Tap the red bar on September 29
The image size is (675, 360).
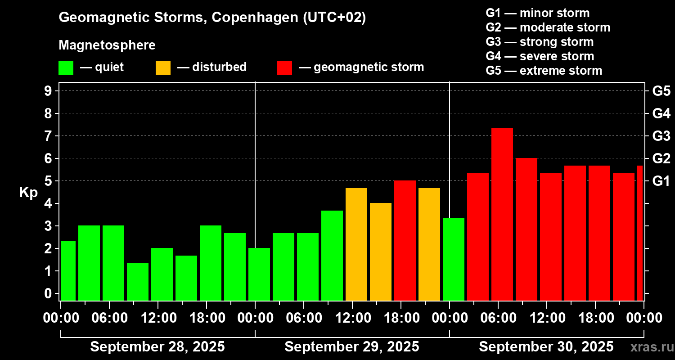click(x=405, y=240)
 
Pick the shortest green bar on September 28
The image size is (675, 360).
click(x=138, y=282)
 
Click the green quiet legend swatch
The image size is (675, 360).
click(x=66, y=68)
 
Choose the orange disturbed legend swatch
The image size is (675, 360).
click(x=163, y=68)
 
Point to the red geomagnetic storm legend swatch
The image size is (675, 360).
click(x=284, y=68)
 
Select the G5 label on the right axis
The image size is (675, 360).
click(x=661, y=91)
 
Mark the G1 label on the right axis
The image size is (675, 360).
click(x=661, y=181)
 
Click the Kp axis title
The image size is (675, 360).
click(x=28, y=193)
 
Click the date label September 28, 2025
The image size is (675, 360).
click(x=157, y=347)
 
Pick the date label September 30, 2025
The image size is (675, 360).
click(x=546, y=347)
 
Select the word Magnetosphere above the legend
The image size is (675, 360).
click(x=107, y=45)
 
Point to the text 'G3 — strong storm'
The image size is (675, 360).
click(x=540, y=42)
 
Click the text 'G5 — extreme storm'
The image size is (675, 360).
click(x=544, y=71)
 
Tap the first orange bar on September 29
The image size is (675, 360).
click(x=356, y=244)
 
